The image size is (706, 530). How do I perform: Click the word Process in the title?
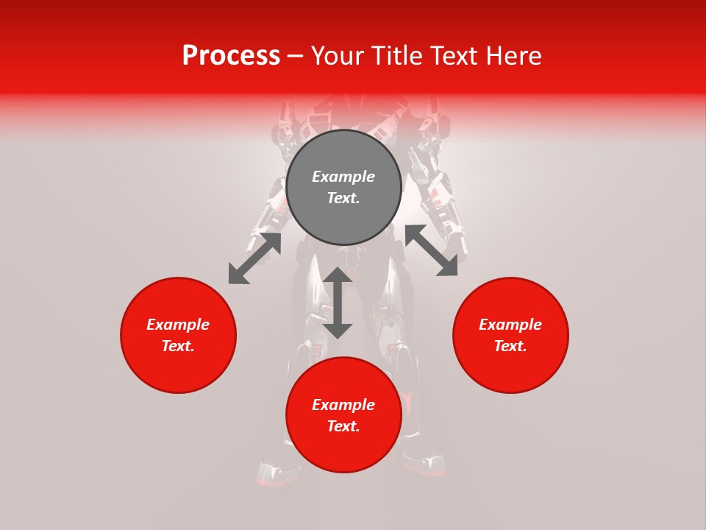pyautogui.click(x=231, y=56)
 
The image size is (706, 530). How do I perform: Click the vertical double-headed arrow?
pyautogui.click(x=338, y=303)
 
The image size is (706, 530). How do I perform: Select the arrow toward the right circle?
pyautogui.click(x=431, y=250)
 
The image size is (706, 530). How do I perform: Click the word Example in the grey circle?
pyautogui.click(x=343, y=177)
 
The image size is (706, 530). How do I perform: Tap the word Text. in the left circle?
pyautogui.click(x=178, y=346)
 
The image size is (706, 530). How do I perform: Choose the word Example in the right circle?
pyautogui.click(x=510, y=325)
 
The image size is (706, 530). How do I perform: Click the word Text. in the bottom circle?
pyautogui.click(x=343, y=426)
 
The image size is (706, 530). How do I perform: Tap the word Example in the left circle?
pyautogui.click(x=178, y=325)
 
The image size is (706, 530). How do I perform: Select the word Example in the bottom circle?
pyautogui.click(x=343, y=405)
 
